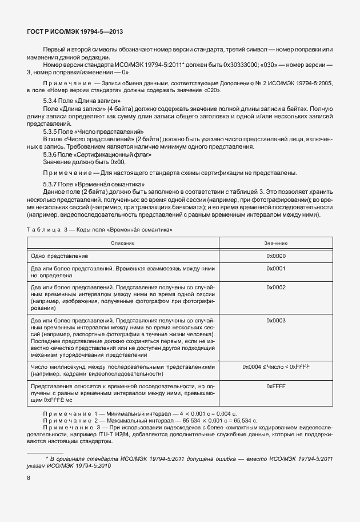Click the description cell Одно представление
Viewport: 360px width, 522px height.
pos(59,256)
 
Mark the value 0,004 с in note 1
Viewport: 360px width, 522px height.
pos(221,413)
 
